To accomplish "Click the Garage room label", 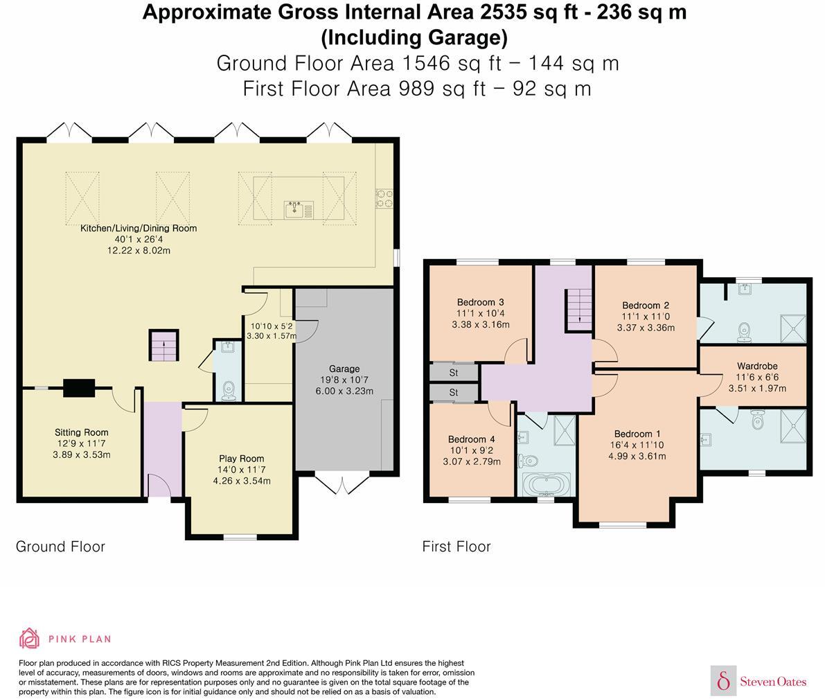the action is click(x=344, y=369).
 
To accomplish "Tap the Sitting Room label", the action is click(x=82, y=433).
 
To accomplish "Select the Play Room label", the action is click(x=242, y=459).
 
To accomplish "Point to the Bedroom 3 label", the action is click(x=480, y=302).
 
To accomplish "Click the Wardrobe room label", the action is click(x=757, y=366).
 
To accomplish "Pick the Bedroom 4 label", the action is click(x=472, y=439).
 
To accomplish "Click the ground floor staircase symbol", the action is click(x=163, y=345).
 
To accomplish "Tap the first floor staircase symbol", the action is click(x=579, y=310).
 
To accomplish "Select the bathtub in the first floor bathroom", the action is click(x=546, y=484).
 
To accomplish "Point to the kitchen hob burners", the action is click(x=384, y=198).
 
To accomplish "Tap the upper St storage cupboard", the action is click(x=454, y=373).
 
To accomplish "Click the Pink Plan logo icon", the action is click(x=30, y=639).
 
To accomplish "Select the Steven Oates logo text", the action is click(x=773, y=682).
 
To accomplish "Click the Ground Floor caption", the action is click(x=60, y=547).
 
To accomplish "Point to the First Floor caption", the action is click(x=456, y=547).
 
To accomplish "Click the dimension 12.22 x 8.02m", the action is click(x=139, y=251).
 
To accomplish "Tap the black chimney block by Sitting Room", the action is click(x=79, y=388).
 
